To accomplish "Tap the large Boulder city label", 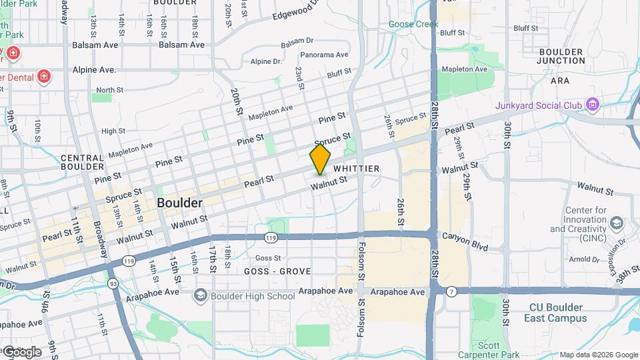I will click(179, 202).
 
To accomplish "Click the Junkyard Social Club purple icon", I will click(591, 105).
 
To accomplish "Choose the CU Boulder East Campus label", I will click(556, 313).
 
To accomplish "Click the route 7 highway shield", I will click(451, 291).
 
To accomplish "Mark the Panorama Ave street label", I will click(324, 55).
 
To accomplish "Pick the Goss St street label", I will click(268, 257).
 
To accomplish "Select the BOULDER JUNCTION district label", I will click(561, 56).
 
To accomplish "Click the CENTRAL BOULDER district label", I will click(83, 162).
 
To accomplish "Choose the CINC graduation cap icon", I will click(617, 222).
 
